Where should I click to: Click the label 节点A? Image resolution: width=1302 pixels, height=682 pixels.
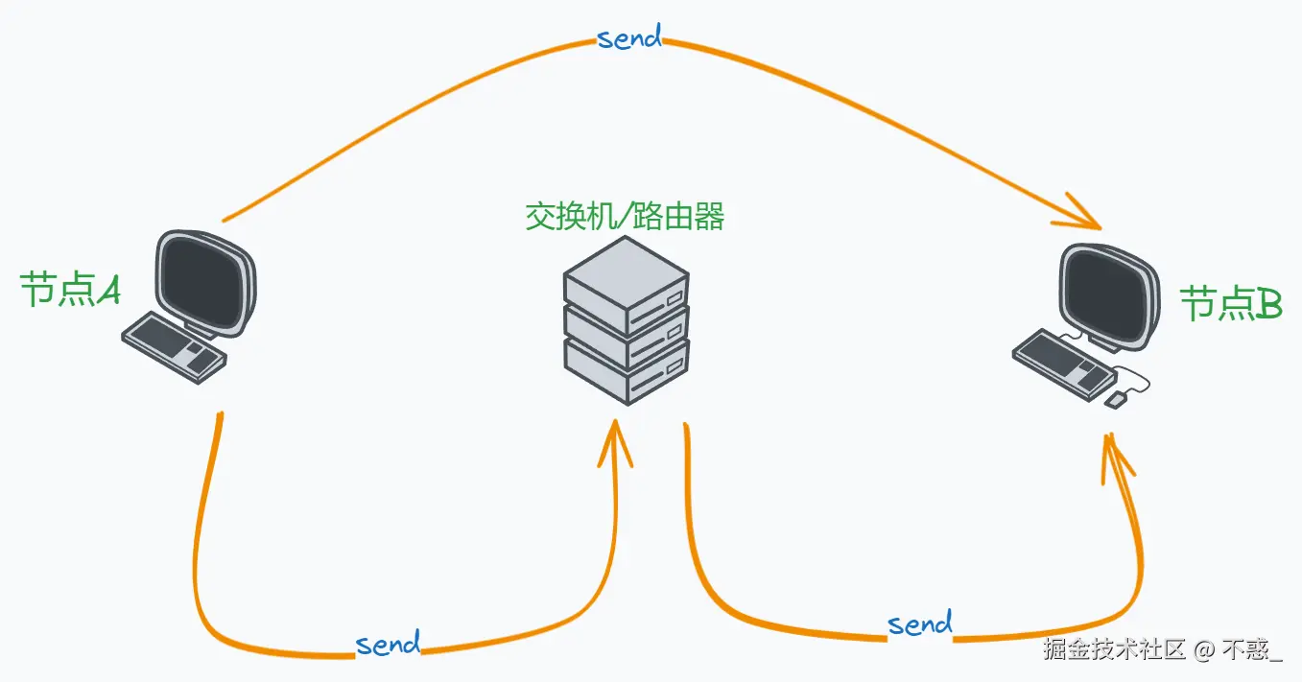pos(70,289)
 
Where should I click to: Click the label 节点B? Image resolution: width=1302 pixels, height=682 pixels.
pos(1230,304)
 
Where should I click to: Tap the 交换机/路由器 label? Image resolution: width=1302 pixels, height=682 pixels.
pos(625,217)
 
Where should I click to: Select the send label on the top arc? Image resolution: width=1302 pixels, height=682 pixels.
pos(629,38)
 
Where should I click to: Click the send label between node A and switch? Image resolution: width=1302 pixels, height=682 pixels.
pos(388,643)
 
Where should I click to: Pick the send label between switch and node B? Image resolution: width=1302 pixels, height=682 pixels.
pos(920,624)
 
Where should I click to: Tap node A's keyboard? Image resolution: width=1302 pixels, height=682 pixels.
pos(174,346)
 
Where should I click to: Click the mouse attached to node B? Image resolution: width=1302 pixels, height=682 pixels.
pos(1115,399)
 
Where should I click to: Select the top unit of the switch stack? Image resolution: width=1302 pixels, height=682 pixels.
pos(627,278)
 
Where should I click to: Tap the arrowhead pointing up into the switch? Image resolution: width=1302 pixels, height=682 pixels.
pos(615,439)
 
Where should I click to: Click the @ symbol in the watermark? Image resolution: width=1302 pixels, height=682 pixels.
pos(1203,650)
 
